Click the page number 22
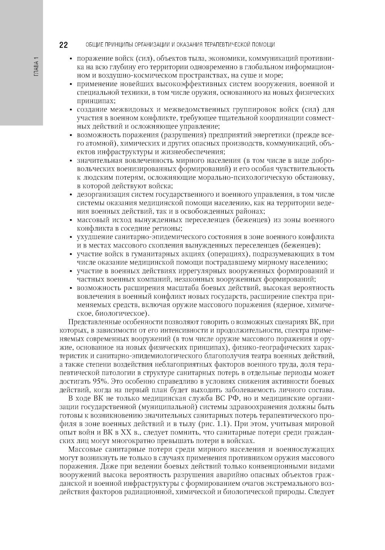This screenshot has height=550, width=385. (x=64, y=45)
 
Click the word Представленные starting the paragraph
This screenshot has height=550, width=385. (x=92, y=322)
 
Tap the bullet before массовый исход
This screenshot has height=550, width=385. (x=70, y=220)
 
